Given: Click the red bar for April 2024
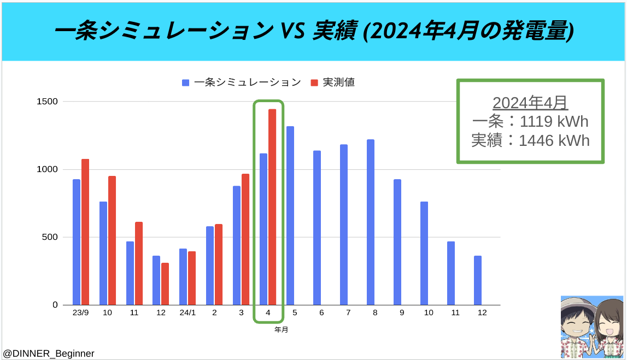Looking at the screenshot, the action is (272, 207).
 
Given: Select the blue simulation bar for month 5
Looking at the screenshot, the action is (290, 216).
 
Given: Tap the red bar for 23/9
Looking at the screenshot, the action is (85, 232).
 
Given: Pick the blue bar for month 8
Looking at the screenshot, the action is (371, 222).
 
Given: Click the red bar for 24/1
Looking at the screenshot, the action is (192, 278).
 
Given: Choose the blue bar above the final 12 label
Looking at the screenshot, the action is (478, 280).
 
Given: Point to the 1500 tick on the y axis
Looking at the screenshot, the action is (47, 102).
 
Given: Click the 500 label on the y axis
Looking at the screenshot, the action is (50, 237).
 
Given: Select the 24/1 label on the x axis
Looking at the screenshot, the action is (187, 312).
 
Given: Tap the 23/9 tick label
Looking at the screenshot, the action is (81, 312).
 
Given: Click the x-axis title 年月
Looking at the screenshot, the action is (281, 329).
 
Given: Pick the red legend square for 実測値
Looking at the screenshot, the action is (314, 82).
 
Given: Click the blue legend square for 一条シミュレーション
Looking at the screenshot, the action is (185, 82).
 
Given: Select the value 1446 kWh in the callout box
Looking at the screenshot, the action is (554, 140).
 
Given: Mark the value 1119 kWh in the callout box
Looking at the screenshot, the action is (554, 121).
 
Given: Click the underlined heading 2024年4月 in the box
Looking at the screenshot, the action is (530, 103).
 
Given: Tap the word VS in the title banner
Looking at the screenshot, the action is (293, 31).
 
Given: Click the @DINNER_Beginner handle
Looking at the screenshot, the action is (49, 353).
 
